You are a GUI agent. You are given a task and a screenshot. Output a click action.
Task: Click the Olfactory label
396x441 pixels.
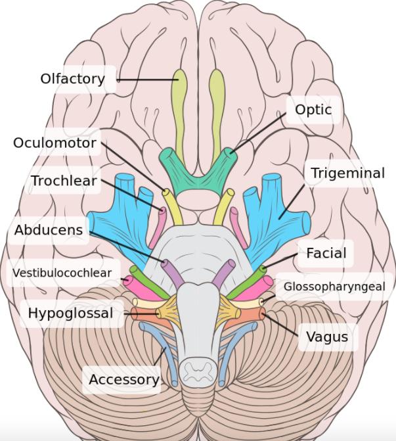(x=72, y=79)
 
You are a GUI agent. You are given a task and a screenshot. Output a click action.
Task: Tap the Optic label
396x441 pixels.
(x=313, y=110)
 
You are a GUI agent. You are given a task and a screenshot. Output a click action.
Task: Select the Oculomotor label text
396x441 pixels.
(x=55, y=143)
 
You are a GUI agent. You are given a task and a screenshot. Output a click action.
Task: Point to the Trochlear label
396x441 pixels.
(x=64, y=180)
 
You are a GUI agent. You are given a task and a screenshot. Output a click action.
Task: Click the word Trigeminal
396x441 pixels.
(x=347, y=174)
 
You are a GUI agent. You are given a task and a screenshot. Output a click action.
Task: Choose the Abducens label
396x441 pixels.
(x=49, y=230)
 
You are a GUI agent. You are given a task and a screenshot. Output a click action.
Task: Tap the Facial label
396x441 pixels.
(x=326, y=252)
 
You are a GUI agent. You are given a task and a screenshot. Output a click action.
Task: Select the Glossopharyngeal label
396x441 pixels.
(x=334, y=287)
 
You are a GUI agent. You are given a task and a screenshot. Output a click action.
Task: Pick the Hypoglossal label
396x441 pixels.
(x=70, y=313)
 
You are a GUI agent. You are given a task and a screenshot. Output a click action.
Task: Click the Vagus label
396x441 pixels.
(x=327, y=338)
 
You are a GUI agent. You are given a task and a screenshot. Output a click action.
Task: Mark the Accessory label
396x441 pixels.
(x=123, y=379)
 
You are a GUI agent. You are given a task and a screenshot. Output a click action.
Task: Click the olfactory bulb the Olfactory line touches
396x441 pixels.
(x=179, y=99)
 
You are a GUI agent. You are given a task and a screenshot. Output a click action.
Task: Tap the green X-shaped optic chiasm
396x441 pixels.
(x=198, y=172)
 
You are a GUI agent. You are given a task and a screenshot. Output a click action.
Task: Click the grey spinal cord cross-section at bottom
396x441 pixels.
(x=198, y=371)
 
